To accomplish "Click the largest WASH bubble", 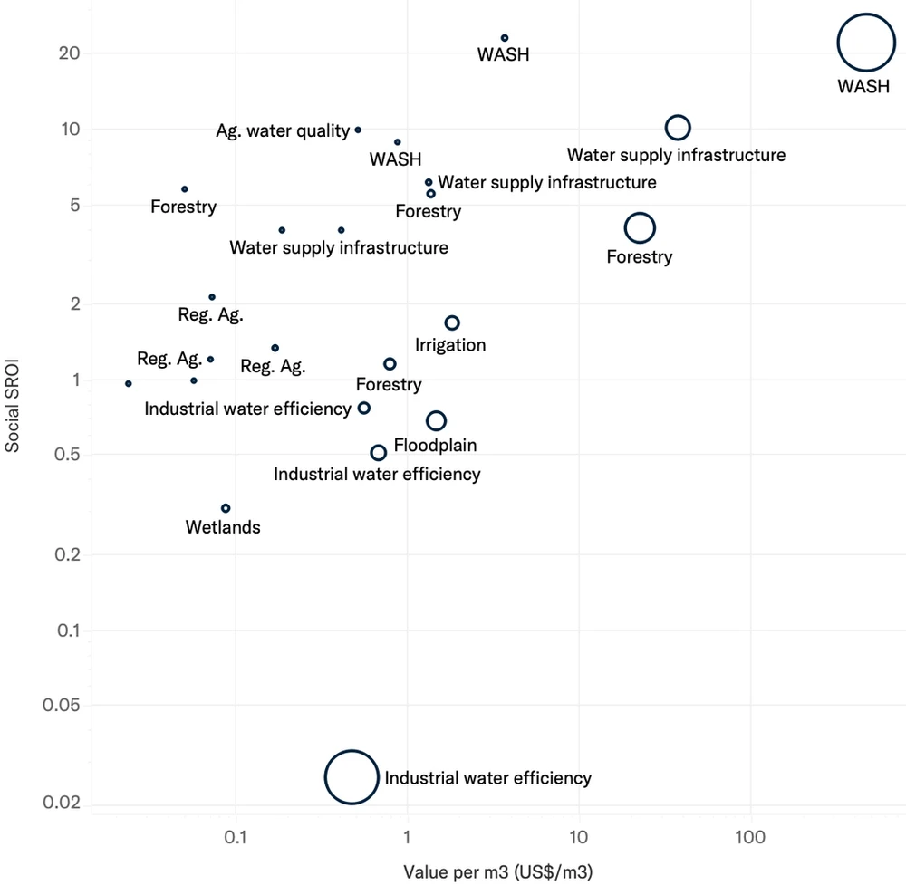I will tap(865, 43).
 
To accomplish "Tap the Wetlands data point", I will tap(226, 508).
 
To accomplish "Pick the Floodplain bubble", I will tap(436, 420).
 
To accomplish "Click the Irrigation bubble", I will tap(452, 323).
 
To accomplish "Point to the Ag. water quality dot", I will tap(358, 130).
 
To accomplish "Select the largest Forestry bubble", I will tap(640, 227).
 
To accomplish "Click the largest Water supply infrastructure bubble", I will tap(678, 128).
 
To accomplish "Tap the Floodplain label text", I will tap(435, 446).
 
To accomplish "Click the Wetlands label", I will tap(223, 527).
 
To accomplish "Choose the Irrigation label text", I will tap(450, 345).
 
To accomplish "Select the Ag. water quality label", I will tap(283, 131).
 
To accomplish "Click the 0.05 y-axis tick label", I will tap(61, 705).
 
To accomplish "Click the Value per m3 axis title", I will tap(497, 872).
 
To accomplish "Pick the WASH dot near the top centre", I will tap(505, 38).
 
